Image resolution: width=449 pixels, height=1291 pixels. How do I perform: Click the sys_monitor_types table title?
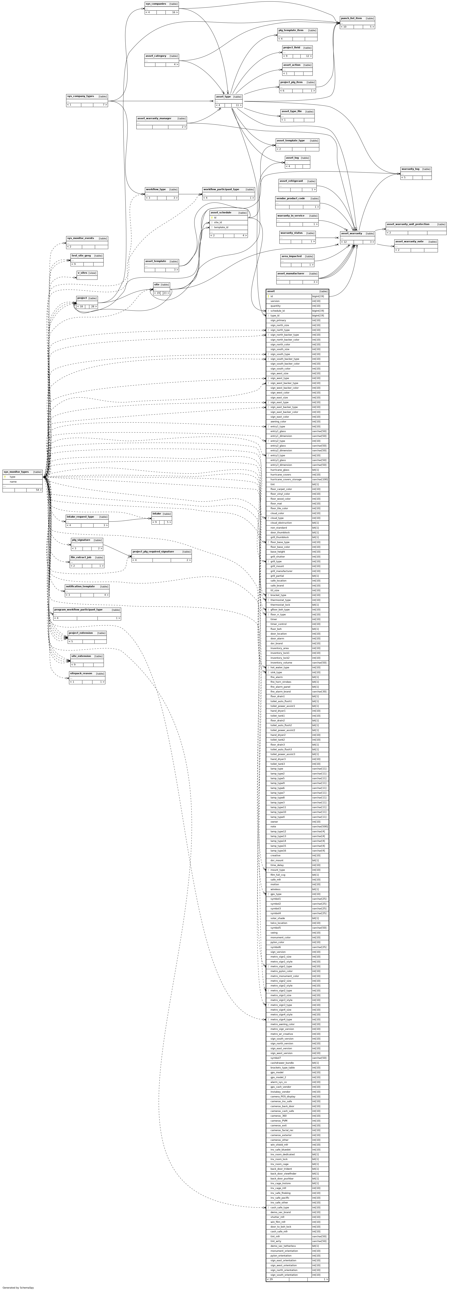[x=16, y=472]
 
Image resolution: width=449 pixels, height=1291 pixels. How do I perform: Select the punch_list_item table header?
[x=351, y=18]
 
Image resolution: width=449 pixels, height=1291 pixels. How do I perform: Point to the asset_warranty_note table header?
[x=409, y=242]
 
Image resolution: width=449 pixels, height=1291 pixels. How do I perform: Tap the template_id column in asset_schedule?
[x=221, y=227]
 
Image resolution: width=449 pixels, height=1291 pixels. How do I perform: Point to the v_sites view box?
[x=82, y=273]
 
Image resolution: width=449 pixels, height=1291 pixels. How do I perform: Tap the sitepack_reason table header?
[x=81, y=674]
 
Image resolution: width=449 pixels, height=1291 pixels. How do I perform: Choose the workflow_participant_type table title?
[x=221, y=190]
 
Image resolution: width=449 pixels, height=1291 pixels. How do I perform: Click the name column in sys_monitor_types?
[x=13, y=482]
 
